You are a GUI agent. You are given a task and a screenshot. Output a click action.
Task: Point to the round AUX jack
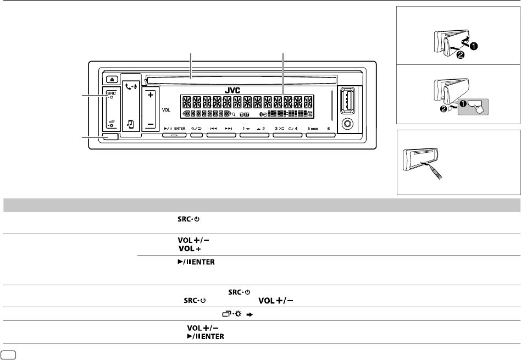click(x=347, y=123)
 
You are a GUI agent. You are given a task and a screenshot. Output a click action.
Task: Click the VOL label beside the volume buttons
click(x=168, y=109)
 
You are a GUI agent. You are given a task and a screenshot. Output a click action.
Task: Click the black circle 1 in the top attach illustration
click(x=473, y=46)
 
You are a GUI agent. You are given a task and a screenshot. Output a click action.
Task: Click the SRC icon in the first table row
click(x=189, y=218)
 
